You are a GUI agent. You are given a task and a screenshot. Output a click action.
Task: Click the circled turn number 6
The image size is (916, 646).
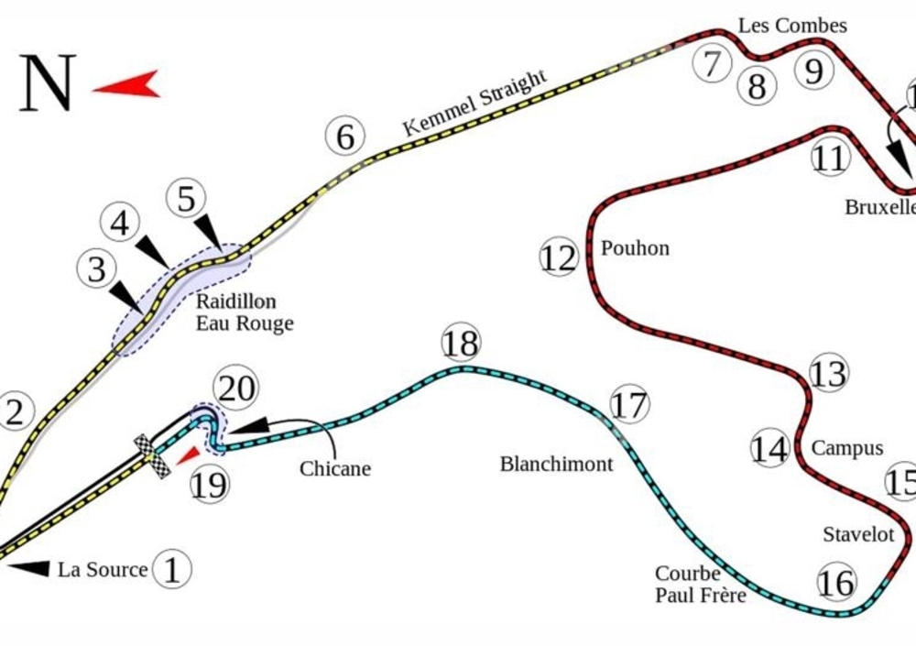click(345, 137)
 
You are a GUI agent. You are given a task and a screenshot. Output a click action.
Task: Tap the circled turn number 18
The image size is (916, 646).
click(460, 345)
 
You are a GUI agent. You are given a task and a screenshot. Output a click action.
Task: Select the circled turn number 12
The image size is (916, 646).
click(559, 259)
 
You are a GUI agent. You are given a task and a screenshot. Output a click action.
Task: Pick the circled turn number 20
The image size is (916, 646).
click(235, 389)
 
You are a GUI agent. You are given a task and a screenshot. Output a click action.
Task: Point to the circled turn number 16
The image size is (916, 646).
click(836, 582)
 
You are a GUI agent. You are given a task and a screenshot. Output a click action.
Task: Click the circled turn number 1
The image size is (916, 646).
click(172, 570)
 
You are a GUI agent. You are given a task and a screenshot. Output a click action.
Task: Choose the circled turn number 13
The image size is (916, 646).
click(828, 374)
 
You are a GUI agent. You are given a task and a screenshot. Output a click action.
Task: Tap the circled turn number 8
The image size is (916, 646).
click(757, 87)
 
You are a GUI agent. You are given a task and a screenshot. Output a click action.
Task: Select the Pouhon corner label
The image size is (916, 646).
click(635, 248)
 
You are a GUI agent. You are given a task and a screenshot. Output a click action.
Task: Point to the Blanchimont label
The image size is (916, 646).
click(556, 465)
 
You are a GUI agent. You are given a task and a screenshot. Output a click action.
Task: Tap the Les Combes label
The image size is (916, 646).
click(792, 26)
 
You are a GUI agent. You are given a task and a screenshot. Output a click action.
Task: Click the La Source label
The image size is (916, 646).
click(103, 570)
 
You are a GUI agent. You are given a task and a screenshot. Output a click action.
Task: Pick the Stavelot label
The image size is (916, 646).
click(857, 534)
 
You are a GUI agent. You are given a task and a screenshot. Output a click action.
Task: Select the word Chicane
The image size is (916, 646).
click(335, 469)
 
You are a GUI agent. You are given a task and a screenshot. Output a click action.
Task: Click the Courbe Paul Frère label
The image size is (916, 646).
click(700, 585)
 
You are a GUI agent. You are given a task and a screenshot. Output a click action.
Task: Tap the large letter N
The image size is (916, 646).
click(47, 82)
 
